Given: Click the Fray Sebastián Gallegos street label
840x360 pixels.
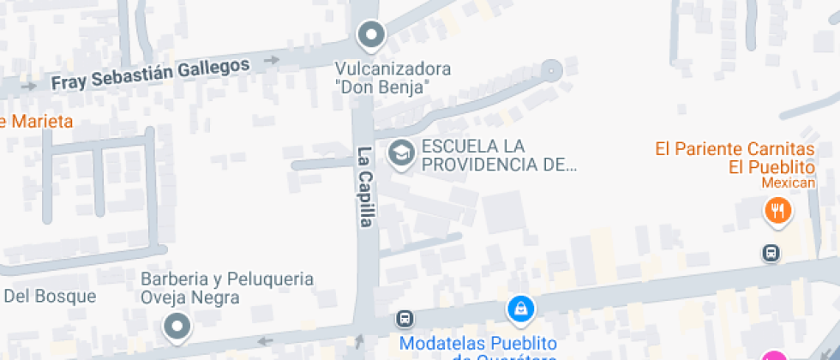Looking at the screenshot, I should [150, 75].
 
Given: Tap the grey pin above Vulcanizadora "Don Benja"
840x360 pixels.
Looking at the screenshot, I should [371, 35].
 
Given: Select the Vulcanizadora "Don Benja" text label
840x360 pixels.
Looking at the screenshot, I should [393, 77].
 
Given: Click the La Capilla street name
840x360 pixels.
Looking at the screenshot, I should [366, 187].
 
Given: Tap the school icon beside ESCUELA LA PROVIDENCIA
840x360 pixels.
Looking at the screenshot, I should [399, 154].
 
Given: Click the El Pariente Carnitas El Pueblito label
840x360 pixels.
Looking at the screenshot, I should [734, 158].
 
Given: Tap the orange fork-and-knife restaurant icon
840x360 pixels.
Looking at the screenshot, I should [777, 210].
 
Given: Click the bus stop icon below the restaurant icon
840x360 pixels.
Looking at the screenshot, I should [771, 253].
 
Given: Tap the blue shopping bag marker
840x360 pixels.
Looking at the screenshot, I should [519, 309].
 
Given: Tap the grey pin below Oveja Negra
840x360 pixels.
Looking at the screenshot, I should [177, 326].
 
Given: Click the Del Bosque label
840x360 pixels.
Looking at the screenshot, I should [51, 297].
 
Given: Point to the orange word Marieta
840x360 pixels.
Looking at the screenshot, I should [39, 121].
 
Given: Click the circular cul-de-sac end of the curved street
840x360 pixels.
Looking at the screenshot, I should [551, 69].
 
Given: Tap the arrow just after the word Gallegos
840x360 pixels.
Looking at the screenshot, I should [273, 60].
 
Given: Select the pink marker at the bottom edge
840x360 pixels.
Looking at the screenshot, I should [775, 356].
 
